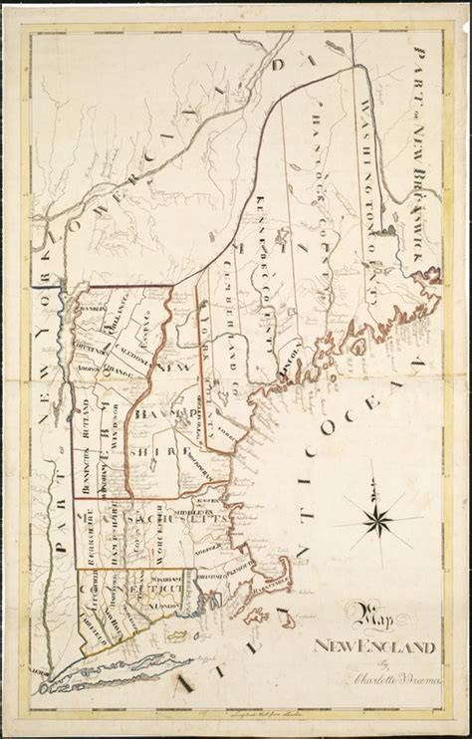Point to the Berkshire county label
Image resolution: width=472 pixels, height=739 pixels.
click(x=88, y=523)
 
